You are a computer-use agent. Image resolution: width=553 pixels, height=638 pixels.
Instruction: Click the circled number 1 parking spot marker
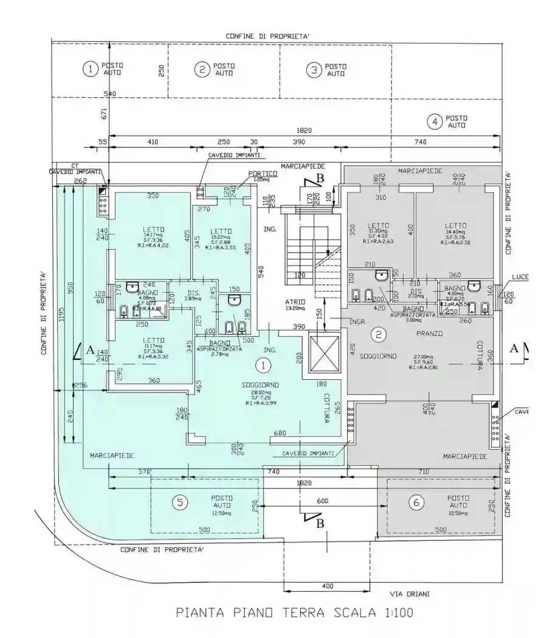(x=90, y=69)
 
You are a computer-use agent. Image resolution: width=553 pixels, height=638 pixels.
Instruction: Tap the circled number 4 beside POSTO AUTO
(x=434, y=122)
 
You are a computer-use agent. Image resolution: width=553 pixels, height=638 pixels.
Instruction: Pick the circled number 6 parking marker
(x=416, y=502)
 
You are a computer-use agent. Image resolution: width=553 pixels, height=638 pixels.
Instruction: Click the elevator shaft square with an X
(x=322, y=353)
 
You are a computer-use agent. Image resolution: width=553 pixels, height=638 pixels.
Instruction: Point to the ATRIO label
(x=295, y=302)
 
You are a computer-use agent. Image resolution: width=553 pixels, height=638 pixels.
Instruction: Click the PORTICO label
(x=263, y=174)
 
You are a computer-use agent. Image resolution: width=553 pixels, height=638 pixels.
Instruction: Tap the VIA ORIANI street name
(x=410, y=594)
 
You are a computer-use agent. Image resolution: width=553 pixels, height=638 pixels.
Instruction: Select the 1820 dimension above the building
(x=304, y=130)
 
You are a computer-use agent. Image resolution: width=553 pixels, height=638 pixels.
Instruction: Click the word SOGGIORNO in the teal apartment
(x=260, y=385)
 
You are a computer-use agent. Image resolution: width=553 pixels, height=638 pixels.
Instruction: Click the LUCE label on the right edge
(x=520, y=277)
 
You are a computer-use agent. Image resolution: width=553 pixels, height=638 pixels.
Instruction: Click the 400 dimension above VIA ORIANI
(x=328, y=586)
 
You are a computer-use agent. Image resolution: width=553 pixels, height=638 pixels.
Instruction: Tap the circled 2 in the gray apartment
(x=379, y=334)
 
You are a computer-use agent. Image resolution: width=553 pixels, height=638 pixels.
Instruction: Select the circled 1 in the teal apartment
(x=263, y=365)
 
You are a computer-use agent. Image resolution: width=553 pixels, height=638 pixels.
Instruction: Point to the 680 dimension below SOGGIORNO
(x=280, y=433)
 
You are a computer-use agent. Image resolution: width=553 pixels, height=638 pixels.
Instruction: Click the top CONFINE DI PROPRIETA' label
(x=268, y=36)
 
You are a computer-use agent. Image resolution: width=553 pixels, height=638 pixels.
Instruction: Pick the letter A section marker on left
(x=90, y=349)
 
